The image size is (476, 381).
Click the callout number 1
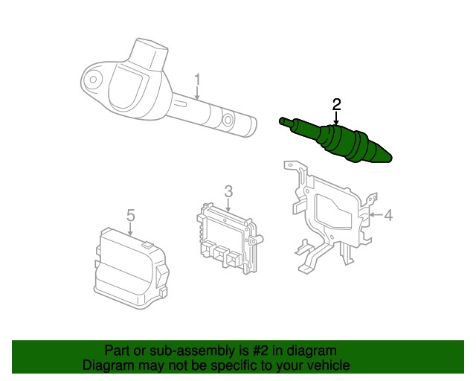point(197,80)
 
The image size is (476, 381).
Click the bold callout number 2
point(337,104)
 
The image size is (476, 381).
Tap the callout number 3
point(228,191)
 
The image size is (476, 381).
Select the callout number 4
point(388,215)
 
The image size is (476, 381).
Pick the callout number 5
point(131,215)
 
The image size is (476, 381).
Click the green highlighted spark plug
point(335,141)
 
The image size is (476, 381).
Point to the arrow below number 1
point(197,93)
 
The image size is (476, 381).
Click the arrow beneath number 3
point(228,205)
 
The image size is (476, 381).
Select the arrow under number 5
point(130,229)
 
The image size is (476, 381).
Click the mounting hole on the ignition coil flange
point(93,80)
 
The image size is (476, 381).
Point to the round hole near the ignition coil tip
point(228,120)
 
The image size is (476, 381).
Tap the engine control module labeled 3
point(230,239)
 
